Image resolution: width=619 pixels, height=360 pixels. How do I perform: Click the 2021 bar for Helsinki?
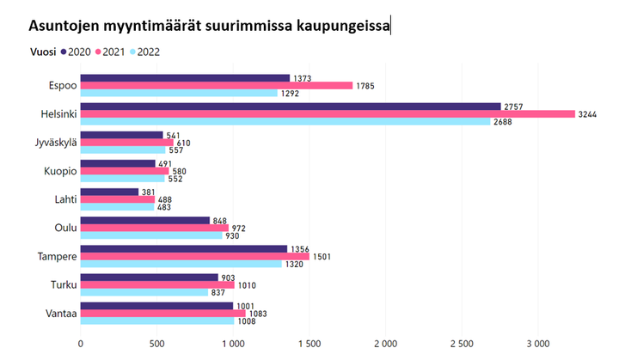[328, 113]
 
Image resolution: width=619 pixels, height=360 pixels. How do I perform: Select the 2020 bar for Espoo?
[185, 77]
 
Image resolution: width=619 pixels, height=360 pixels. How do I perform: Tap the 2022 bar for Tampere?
[181, 264]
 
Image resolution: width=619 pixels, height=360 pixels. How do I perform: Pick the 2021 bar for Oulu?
[154, 228]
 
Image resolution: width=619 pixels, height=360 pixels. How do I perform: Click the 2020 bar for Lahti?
[109, 192]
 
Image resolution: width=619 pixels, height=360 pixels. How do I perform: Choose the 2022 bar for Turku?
[144, 292]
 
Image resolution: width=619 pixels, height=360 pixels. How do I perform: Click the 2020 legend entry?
[77, 52]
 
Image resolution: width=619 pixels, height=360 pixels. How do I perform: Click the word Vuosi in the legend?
[43, 52]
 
